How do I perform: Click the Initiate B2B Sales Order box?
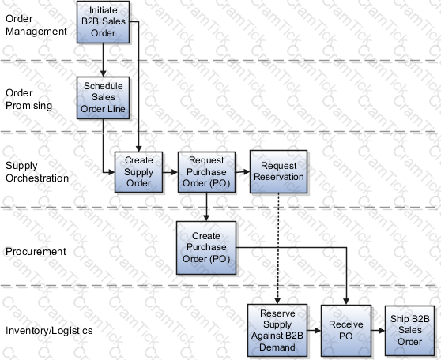coord(104,22)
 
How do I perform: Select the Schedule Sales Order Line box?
coord(104,98)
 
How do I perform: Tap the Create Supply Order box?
coord(138,172)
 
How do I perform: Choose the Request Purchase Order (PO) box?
coord(206,172)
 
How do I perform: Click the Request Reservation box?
coord(278,171)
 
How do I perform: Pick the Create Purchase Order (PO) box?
coord(206,248)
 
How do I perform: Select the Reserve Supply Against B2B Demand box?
coord(277,330)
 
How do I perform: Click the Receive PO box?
coord(346,331)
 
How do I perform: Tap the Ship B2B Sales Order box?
coord(409,331)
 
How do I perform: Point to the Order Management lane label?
coord(36,25)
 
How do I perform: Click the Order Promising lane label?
coord(28,99)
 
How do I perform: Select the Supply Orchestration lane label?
coord(37,171)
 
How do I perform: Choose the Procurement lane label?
coord(36,252)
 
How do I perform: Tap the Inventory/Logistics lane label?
coord(49,331)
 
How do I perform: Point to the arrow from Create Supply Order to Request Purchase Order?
coord(170,172)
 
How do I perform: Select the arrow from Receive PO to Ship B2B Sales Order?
coord(378,331)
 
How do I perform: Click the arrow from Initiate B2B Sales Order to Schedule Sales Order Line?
coord(103,60)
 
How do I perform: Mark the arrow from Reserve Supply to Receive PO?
coord(315,331)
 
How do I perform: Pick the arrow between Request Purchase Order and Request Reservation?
coord(243,171)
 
